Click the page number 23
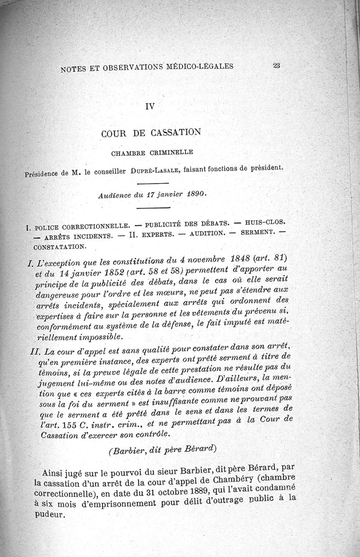tap(276, 65)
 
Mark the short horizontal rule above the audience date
tap(152, 183)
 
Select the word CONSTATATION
tap(60, 247)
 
